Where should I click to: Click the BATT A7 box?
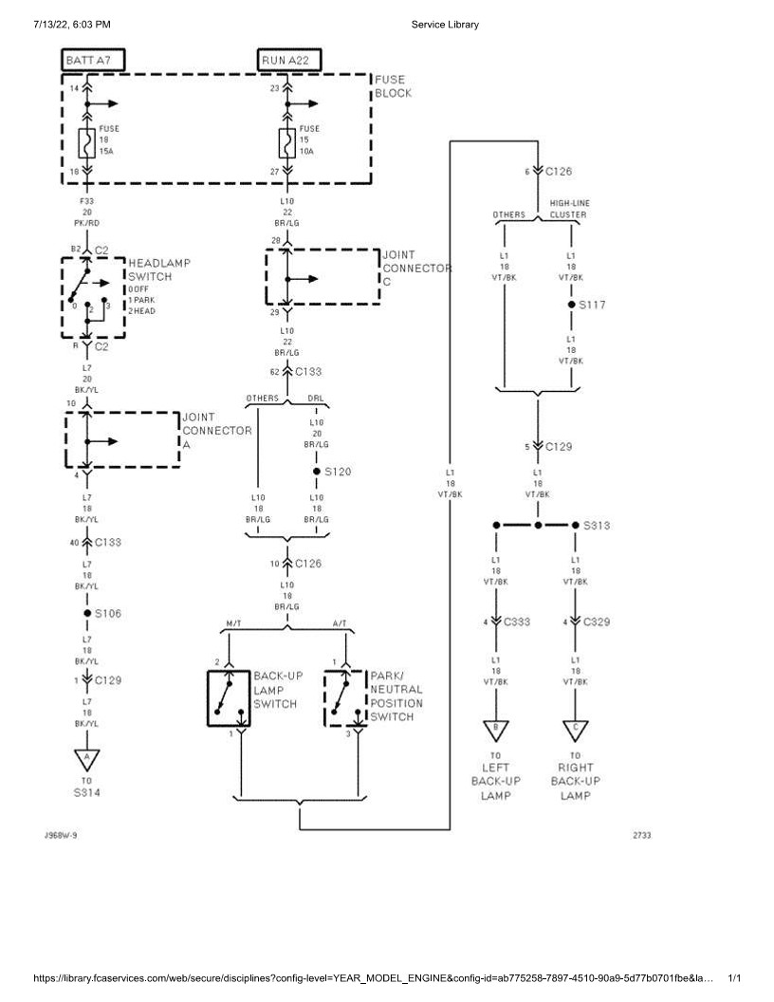click(94, 61)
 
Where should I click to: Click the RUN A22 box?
click(288, 61)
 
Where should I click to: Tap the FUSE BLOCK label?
click(393, 87)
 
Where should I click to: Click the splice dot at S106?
click(87, 614)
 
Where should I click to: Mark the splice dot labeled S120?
click(317, 471)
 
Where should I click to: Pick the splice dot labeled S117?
click(571, 306)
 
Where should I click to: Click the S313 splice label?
click(597, 525)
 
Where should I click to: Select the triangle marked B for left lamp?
click(496, 729)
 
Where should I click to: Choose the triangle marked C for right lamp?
click(576, 729)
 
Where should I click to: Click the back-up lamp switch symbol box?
click(228, 698)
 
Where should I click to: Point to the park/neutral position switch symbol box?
click(345, 698)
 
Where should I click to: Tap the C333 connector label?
click(517, 622)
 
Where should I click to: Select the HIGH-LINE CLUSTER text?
click(569, 209)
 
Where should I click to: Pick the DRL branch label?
click(316, 399)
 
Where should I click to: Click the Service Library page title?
click(445, 24)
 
